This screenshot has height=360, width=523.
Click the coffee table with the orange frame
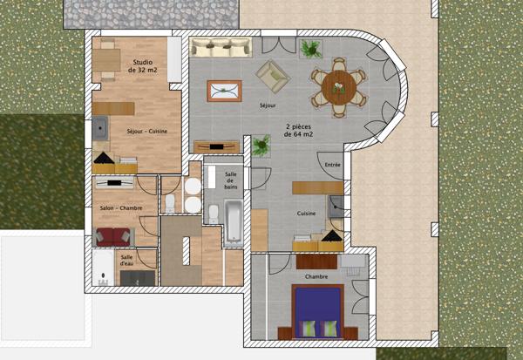(x=224, y=91)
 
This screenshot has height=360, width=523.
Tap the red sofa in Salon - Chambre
(x=112, y=236)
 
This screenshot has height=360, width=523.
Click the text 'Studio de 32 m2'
(x=141, y=66)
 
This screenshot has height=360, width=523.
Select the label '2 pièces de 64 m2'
(x=301, y=132)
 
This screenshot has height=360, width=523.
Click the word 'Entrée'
(x=332, y=165)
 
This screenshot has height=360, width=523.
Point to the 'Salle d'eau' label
(x=126, y=261)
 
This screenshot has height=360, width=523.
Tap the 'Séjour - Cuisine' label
(x=146, y=132)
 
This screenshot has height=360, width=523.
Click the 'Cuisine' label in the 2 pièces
(x=305, y=213)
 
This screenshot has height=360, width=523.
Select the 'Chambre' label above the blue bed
(x=316, y=276)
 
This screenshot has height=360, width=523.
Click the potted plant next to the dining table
(x=309, y=48)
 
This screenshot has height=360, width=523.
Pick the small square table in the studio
(x=108, y=58)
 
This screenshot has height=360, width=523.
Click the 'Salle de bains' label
(x=231, y=180)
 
